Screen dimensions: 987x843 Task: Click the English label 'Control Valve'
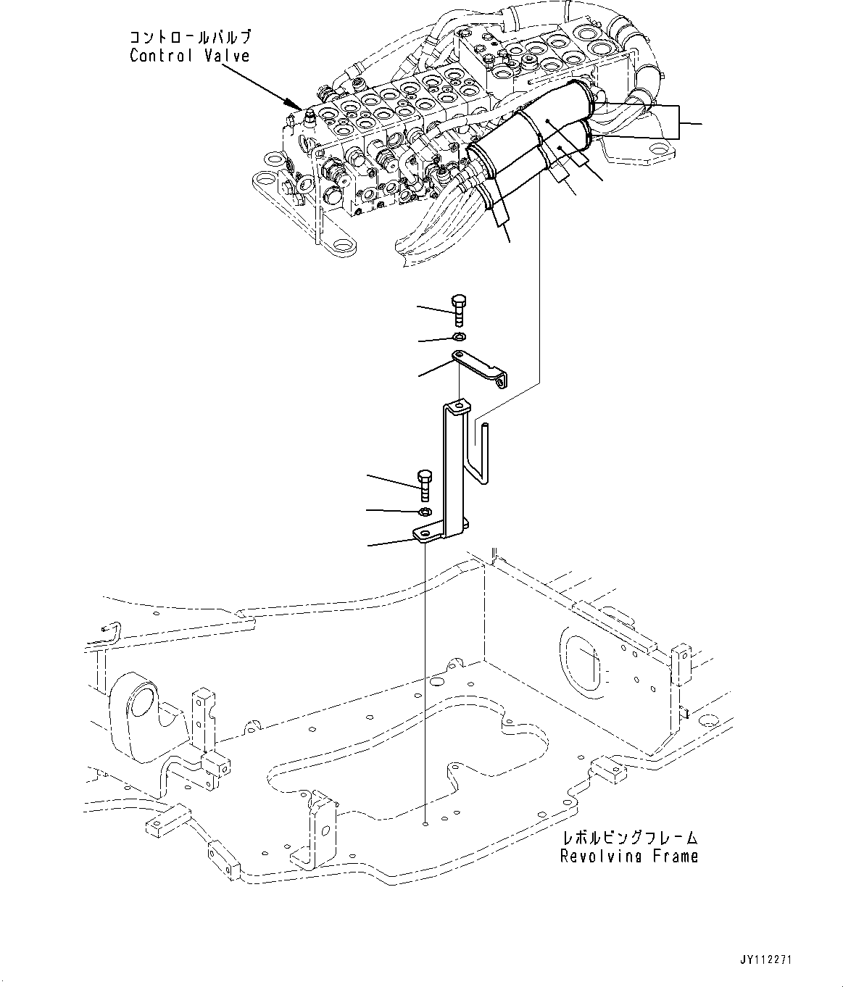point(189,56)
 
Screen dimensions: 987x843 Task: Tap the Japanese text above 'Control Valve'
point(191,36)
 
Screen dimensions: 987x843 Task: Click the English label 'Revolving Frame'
point(629,856)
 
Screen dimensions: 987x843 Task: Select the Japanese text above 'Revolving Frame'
point(630,838)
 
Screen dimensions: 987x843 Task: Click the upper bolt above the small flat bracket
point(457,309)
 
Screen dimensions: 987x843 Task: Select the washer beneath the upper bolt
point(458,337)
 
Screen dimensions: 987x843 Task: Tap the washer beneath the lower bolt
point(425,512)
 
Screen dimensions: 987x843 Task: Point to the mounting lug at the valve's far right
point(660,153)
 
